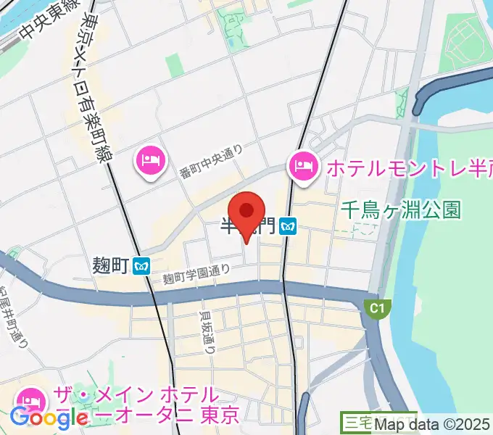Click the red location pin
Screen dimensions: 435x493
[247, 212]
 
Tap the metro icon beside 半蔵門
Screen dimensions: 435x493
[289, 227]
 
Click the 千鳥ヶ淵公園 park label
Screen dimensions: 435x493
[401, 210]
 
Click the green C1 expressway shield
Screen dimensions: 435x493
[376, 309]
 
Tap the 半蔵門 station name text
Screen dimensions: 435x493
[247, 227]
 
